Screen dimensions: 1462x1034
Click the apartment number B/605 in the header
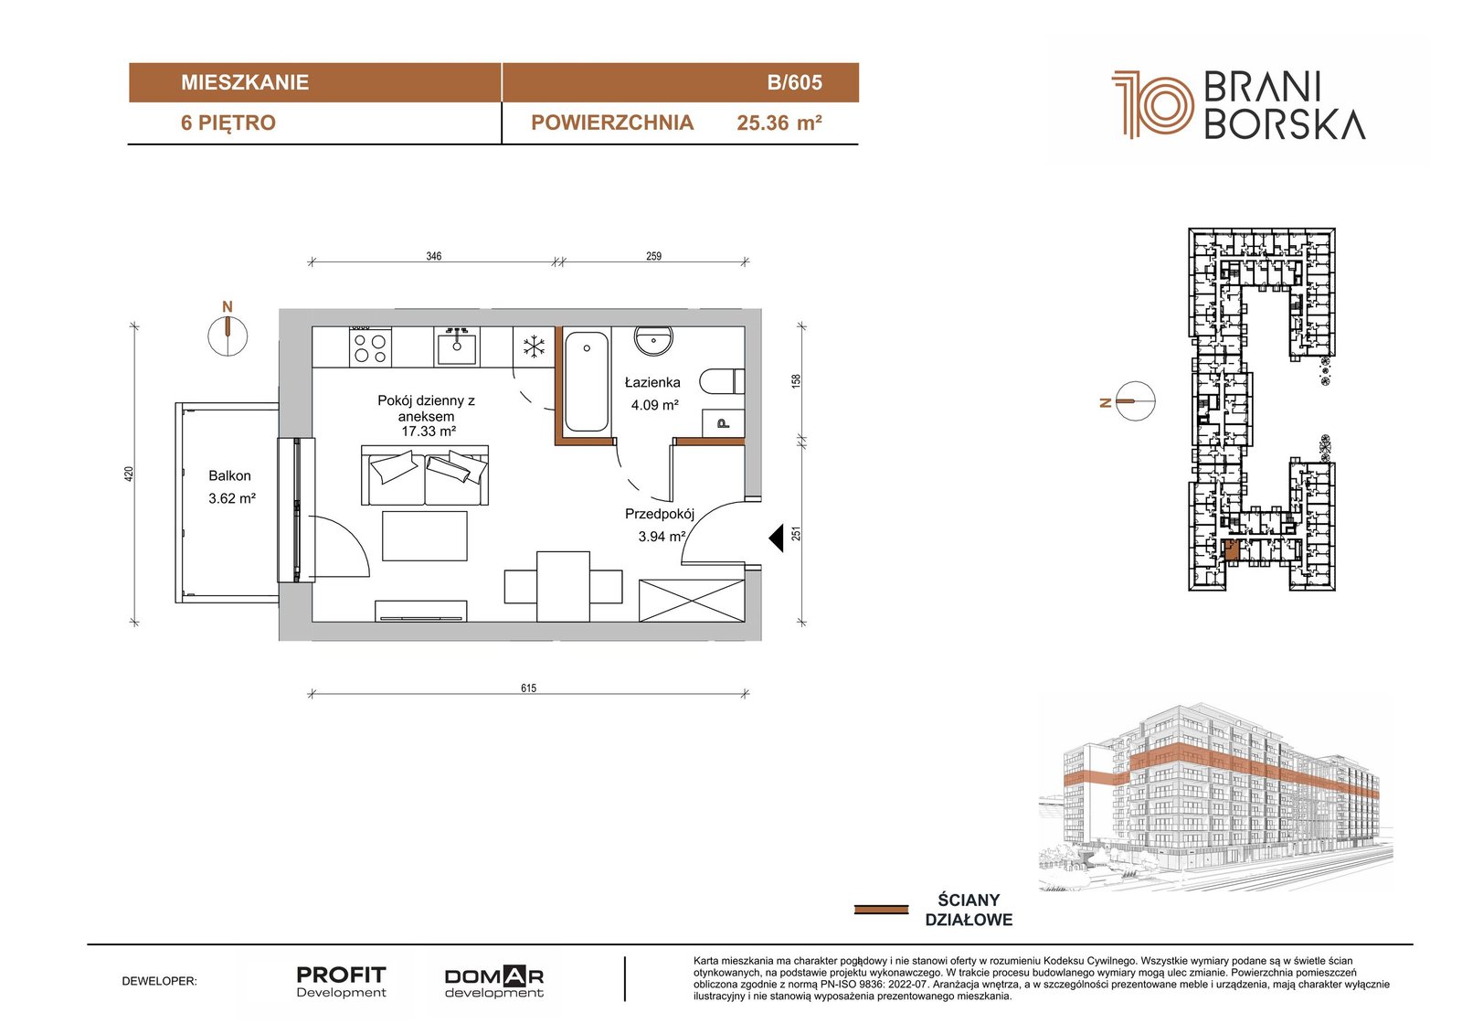click(794, 82)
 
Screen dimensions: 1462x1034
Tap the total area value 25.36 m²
click(779, 123)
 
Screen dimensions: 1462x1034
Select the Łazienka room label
click(652, 382)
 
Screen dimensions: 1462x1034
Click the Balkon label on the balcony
click(229, 475)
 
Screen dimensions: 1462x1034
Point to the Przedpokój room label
click(659, 514)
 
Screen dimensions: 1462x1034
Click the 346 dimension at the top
click(433, 256)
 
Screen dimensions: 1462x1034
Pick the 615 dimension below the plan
click(529, 688)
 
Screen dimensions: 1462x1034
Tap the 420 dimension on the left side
click(129, 474)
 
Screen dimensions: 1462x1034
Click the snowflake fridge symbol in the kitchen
click(534, 346)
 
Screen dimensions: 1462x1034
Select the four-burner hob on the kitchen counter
click(370, 346)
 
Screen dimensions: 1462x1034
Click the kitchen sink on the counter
click(456, 346)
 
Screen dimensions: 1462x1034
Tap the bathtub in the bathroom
click(586, 382)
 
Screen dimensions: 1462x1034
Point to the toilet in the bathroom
click(721, 381)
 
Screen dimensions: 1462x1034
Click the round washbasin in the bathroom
click(652, 340)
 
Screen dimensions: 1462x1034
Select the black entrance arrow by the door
click(776, 538)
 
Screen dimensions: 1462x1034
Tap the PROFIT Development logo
click(342, 982)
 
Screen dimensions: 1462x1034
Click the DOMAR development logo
click(494, 983)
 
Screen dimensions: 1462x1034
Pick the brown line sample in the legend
click(881, 910)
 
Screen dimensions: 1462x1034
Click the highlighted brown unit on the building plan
click(1230, 551)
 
